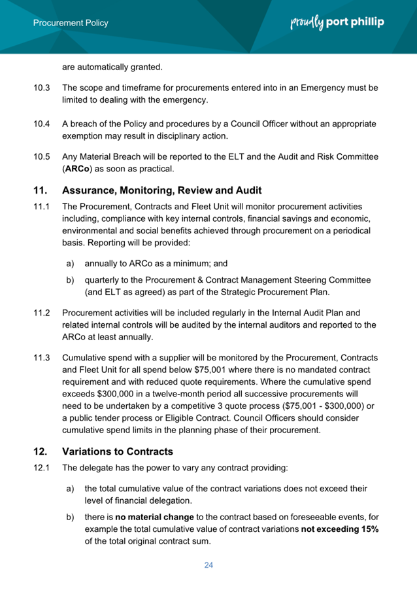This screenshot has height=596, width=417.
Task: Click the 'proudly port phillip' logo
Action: tap(337, 23)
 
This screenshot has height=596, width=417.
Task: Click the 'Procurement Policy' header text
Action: tap(71, 23)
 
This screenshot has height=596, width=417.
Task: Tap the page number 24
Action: tap(208, 565)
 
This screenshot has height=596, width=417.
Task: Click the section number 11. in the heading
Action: tap(41, 191)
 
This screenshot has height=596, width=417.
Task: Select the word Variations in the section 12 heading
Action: tap(89, 451)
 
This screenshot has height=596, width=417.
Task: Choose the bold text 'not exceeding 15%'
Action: tap(339, 529)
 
